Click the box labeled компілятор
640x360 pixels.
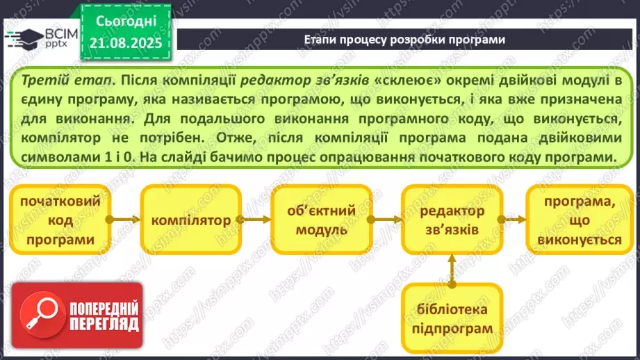click(191, 220)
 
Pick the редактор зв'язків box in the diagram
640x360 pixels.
click(450, 220)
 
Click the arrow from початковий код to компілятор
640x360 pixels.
click(126, 220)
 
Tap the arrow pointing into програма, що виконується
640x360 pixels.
click(514, 220)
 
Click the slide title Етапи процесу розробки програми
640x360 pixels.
click(404, 40)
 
